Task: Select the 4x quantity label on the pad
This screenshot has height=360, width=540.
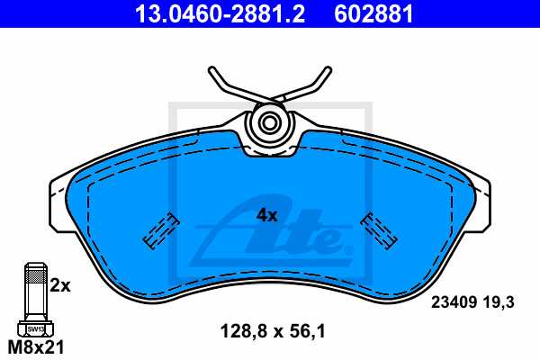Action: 266,215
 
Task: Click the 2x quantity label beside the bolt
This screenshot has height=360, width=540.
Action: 60,285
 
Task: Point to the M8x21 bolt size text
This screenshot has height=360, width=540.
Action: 35,346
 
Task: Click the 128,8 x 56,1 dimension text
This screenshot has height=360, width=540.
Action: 272,331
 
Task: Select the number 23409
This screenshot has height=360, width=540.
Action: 455,304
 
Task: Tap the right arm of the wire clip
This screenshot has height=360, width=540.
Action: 311,85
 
